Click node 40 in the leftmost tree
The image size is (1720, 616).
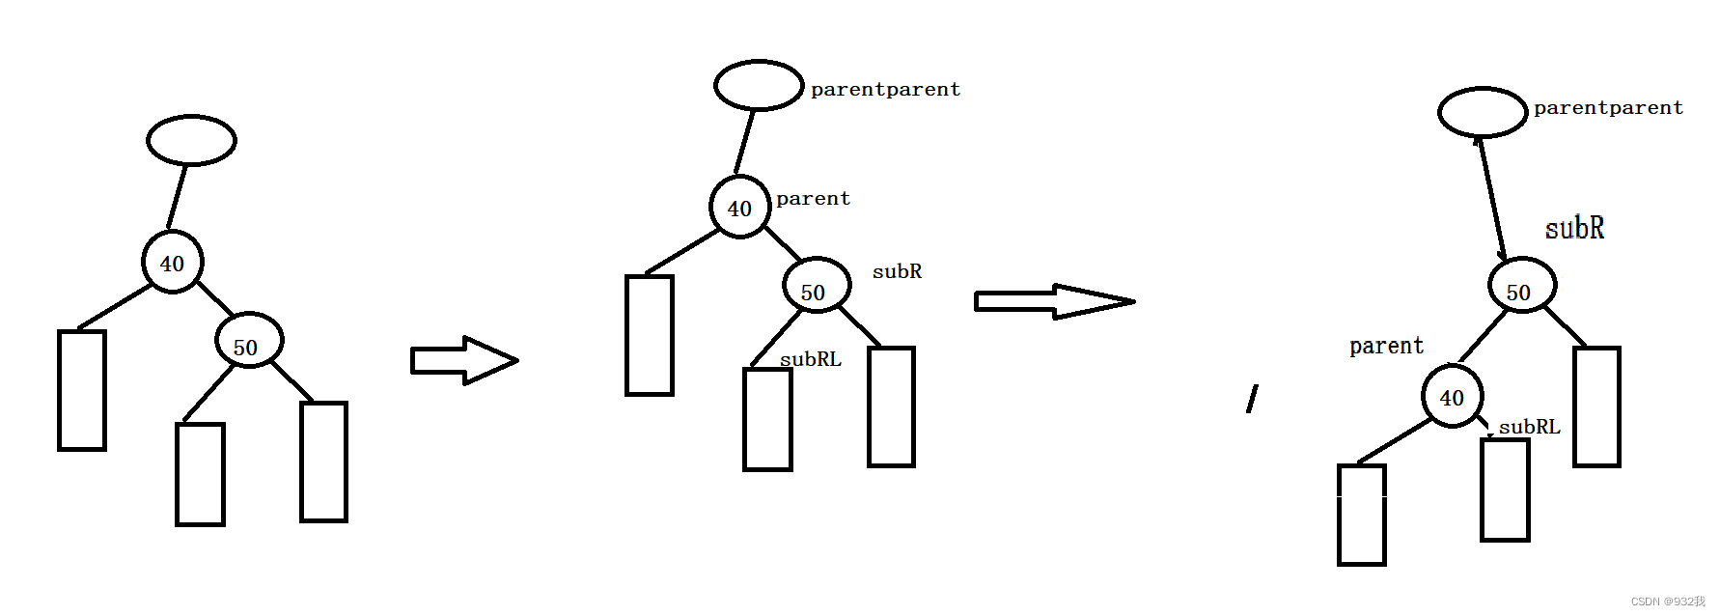point(172,262)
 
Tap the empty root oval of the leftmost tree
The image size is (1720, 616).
point(191,140)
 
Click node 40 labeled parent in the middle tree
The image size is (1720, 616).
point(739,207)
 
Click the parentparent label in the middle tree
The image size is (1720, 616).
point(885,89)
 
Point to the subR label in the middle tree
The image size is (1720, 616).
point(897,271)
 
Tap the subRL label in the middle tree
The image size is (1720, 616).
point(810,359)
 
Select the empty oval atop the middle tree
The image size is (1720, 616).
point(759,85)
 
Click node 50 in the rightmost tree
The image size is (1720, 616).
point(1521,290)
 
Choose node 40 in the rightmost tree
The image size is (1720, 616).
point(1452,396)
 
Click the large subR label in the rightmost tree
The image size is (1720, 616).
point(1574,228)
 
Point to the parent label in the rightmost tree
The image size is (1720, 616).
point(1386,346)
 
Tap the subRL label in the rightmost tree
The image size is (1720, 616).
point(1529,426)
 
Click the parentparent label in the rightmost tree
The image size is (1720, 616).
point(1608,107)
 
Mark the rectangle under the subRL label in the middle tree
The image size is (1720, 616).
point(767,419)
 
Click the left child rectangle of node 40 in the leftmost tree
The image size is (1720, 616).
point(82,390)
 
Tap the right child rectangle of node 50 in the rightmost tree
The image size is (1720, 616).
point(1596,406)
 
